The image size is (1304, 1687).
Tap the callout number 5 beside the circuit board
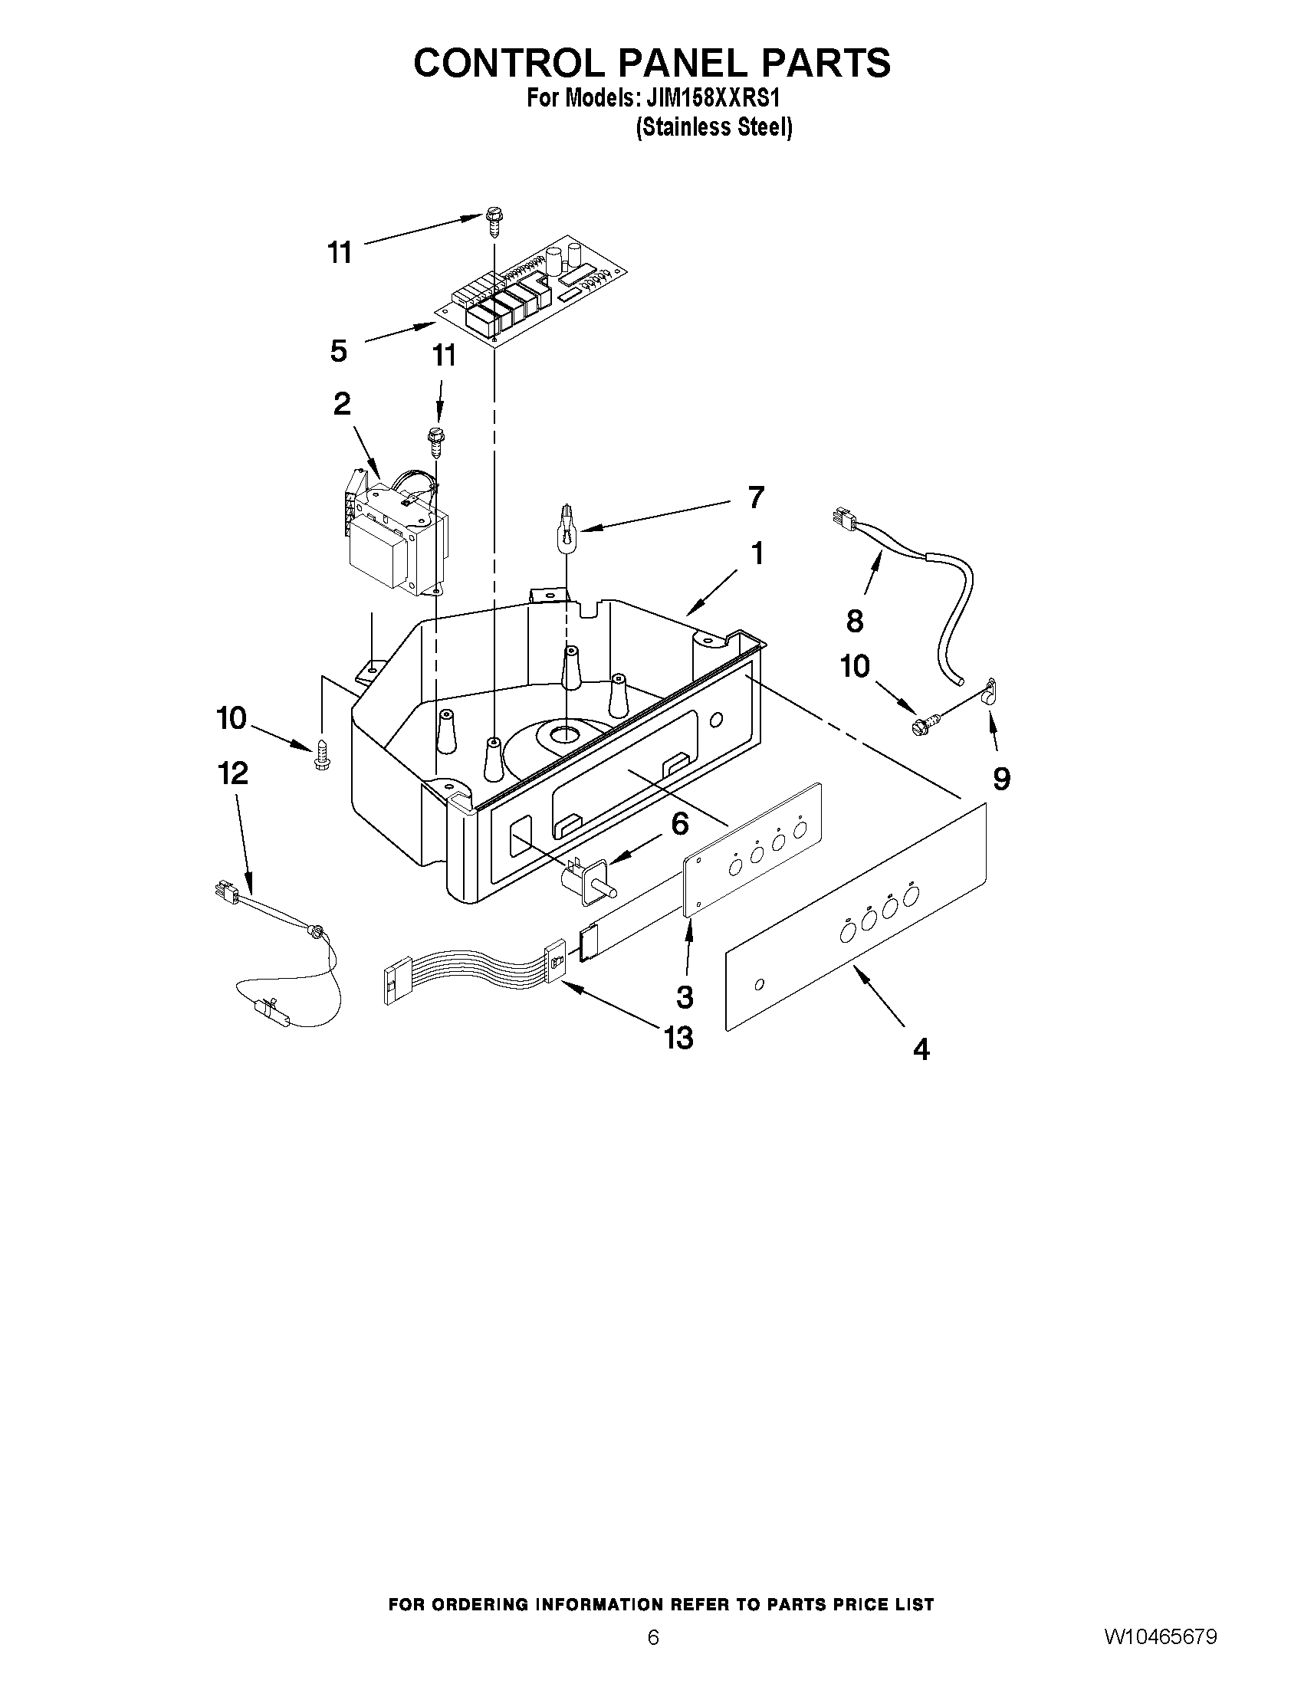338,352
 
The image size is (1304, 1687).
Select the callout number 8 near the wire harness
855,621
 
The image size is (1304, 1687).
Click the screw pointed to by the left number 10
322,754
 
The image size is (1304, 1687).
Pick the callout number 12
233,773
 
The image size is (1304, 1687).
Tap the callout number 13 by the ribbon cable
678,1038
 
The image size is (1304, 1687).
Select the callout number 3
685,996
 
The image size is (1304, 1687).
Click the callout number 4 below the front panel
921,1049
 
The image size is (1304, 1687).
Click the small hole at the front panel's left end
760,984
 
